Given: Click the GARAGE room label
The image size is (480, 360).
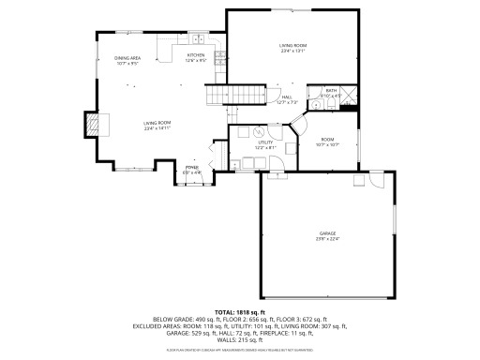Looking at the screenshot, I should click(326, 232).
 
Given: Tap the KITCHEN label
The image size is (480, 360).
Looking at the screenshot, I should click(196, 55).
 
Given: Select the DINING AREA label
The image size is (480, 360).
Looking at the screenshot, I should click(127, 59).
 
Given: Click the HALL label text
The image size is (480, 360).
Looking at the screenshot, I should click(286, 96).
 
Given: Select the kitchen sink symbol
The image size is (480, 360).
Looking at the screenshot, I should click(199, 39).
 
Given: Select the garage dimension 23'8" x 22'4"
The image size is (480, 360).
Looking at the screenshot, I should click(326, 239).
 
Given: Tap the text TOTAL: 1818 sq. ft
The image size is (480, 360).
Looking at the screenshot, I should click(240, 311).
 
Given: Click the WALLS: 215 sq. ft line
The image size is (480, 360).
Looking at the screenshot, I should click(240, 339).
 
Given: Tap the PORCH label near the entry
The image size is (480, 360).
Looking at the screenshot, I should click(191, 168).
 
